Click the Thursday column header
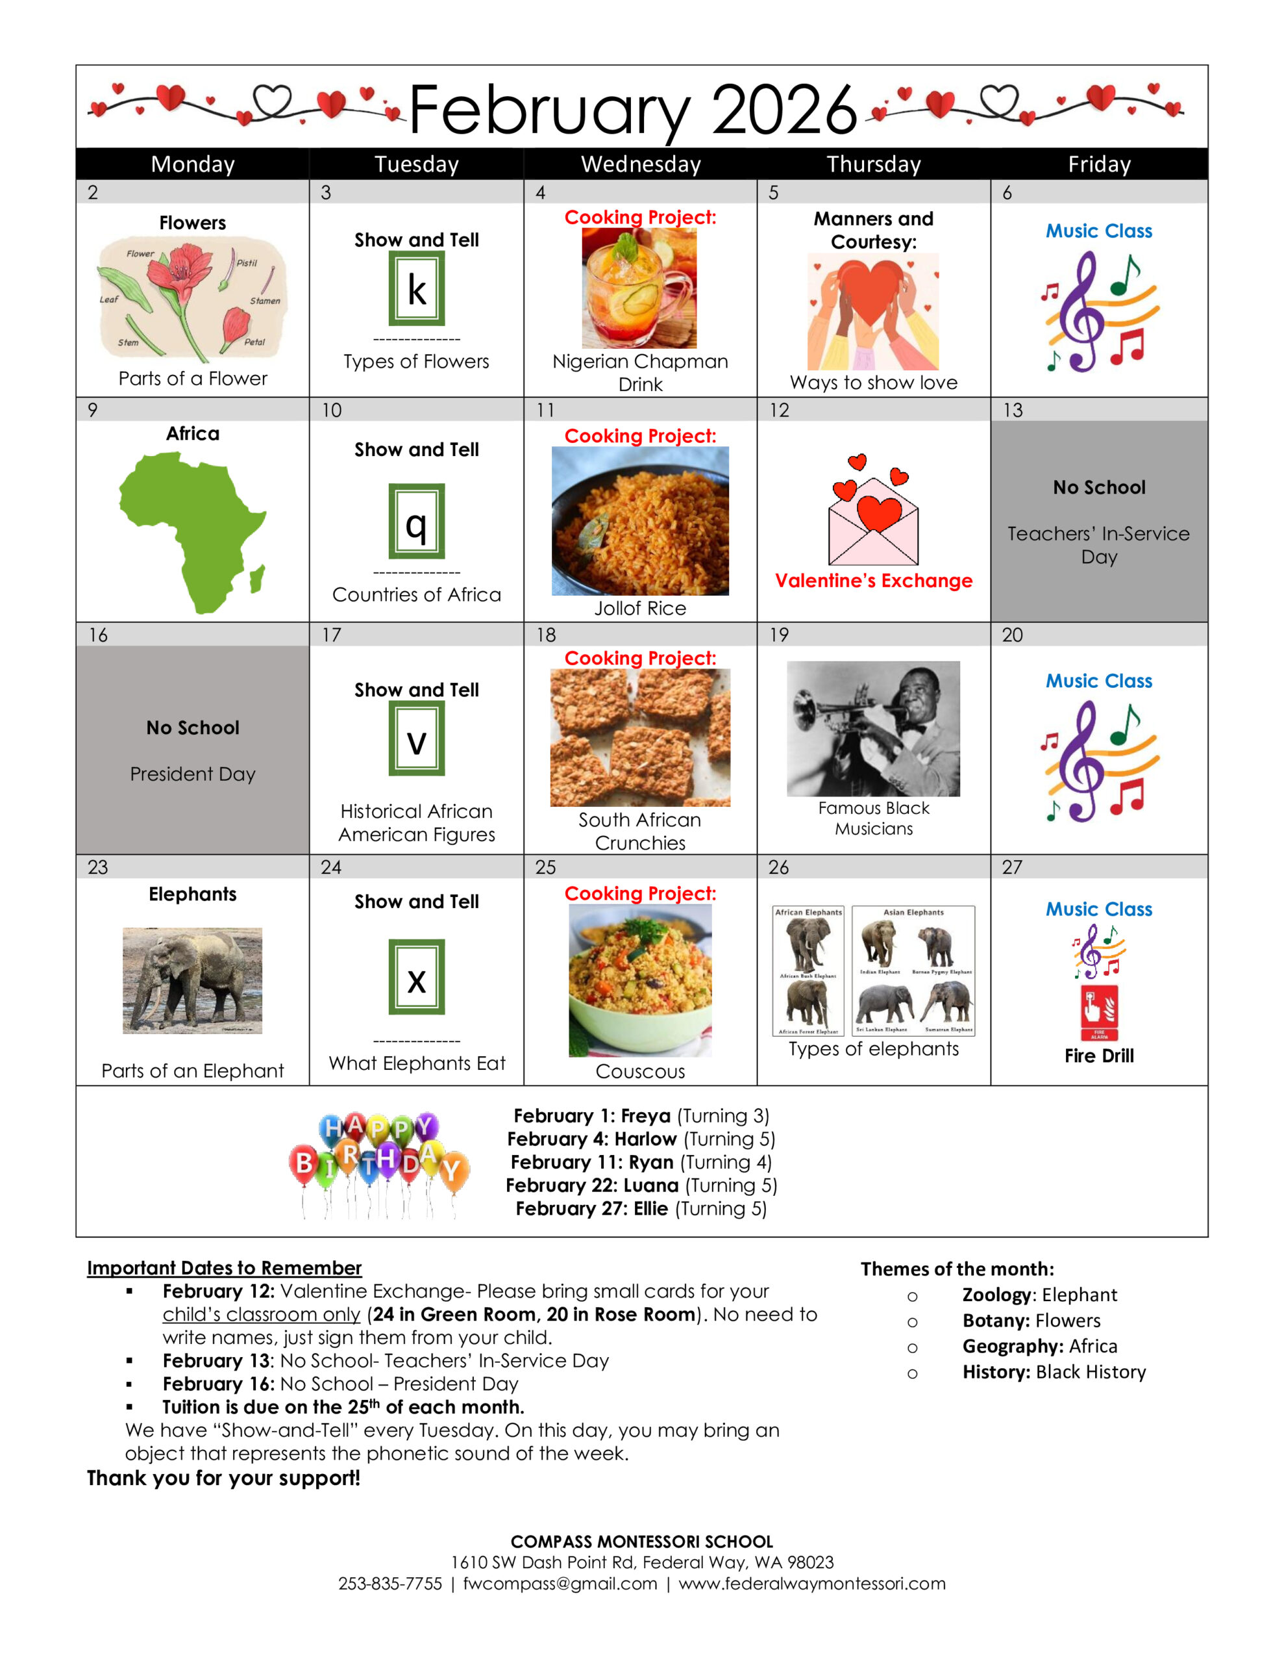click(x=873, y=164)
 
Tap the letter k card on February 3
click(x=416, y=289)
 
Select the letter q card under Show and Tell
click(x=416, y=522)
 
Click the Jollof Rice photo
click(x=639, y=521)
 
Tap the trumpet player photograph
click(x=873, y=729)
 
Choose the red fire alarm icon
click(x=1099, y=1013)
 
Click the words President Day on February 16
click(x=193, y=774)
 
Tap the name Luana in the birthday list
click(x=650, y=1186)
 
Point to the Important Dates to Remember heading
click(x=224, y=1268)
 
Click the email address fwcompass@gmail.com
click(x=560, y=1584)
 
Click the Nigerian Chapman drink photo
click(x=639, y=288)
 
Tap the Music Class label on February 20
click(x=1098, y=681)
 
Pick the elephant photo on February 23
click(x=193, y=980)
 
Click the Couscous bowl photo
click(x=639, y=980)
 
